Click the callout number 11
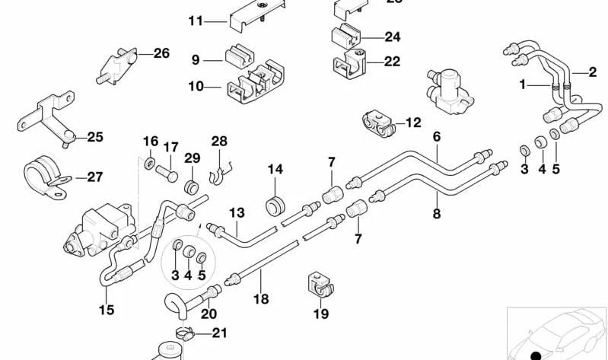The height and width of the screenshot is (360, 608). point(196,21)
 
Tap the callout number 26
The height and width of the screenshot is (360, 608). point(161,53)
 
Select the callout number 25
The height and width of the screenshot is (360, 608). point(94,137)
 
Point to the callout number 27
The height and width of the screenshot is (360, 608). point(94,177)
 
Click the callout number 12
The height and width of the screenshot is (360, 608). point(412,122)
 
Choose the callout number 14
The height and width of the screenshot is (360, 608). point(274,169)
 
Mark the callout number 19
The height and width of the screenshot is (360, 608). point(320,313)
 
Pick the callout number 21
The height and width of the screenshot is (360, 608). point(219,332)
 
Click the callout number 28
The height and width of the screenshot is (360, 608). point(219,142)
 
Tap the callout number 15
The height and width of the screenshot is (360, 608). point(106,310)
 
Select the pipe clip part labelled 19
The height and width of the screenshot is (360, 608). point(320,285)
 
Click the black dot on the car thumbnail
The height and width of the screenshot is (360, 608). point(536,355)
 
